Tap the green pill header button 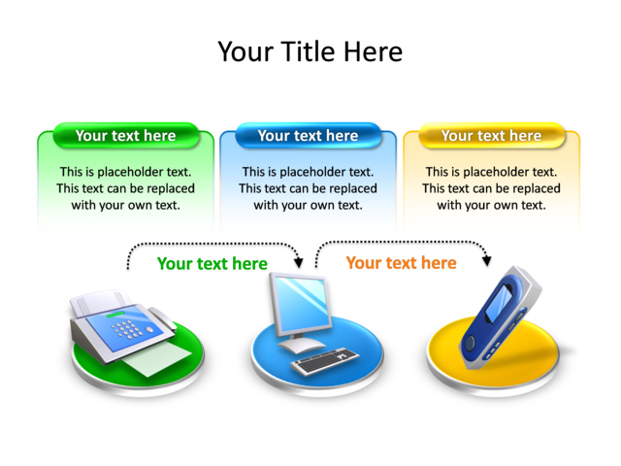[125, 136]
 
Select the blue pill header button [309, 136]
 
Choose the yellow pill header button [492, 136]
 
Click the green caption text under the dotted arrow [212, 263]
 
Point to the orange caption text [401, 263]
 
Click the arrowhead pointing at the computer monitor [299, 262]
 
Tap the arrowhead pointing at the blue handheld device [487, 260]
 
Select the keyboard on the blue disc [325, 360]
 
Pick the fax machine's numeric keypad [126, 329]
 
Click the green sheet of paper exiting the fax [157, 359]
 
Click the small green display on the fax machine [114, 315]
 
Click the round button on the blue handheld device [470, 342]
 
